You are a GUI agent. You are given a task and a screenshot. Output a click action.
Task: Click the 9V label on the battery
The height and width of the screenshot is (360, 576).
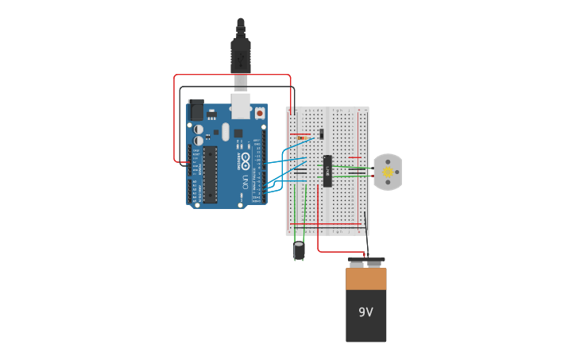365,312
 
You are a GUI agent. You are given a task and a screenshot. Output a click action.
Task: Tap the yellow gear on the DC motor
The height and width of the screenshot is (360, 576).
388,172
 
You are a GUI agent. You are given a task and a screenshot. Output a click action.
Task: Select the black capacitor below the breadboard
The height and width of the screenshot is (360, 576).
299,251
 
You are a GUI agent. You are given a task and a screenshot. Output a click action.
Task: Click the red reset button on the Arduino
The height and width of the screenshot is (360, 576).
260,114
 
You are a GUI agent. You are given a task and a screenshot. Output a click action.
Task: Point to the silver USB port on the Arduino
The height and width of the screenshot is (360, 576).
241,106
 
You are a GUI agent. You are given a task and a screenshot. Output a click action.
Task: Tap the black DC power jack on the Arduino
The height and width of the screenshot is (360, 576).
195,111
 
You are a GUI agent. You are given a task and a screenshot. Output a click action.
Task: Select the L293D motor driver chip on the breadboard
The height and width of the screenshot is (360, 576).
327,171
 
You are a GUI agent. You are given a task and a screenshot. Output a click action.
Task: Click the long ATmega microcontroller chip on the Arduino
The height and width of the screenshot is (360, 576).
210,173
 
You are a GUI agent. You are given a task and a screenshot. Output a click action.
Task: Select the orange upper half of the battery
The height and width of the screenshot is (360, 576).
366,279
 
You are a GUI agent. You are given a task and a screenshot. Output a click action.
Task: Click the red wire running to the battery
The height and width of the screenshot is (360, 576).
319,238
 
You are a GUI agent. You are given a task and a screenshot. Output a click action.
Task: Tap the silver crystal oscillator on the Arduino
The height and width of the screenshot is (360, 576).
225,132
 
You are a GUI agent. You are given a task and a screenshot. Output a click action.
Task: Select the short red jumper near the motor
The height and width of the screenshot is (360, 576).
354,157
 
